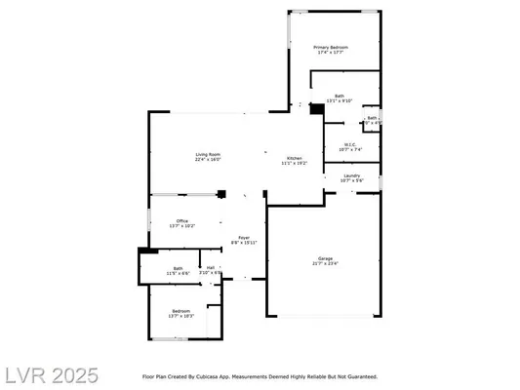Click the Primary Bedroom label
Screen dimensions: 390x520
pos(332,47)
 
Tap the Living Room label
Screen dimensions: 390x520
pos(208,154)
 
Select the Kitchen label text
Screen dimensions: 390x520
pos(294,158)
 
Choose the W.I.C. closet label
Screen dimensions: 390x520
pos(350,144)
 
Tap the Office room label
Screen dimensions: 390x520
pos(181,220)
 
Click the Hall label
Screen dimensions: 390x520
pos(211,267)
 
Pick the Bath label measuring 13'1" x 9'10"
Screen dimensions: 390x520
pos(339,96)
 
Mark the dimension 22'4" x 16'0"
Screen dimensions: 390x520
pos(208,160)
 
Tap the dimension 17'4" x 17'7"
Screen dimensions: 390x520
pos(332,53)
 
